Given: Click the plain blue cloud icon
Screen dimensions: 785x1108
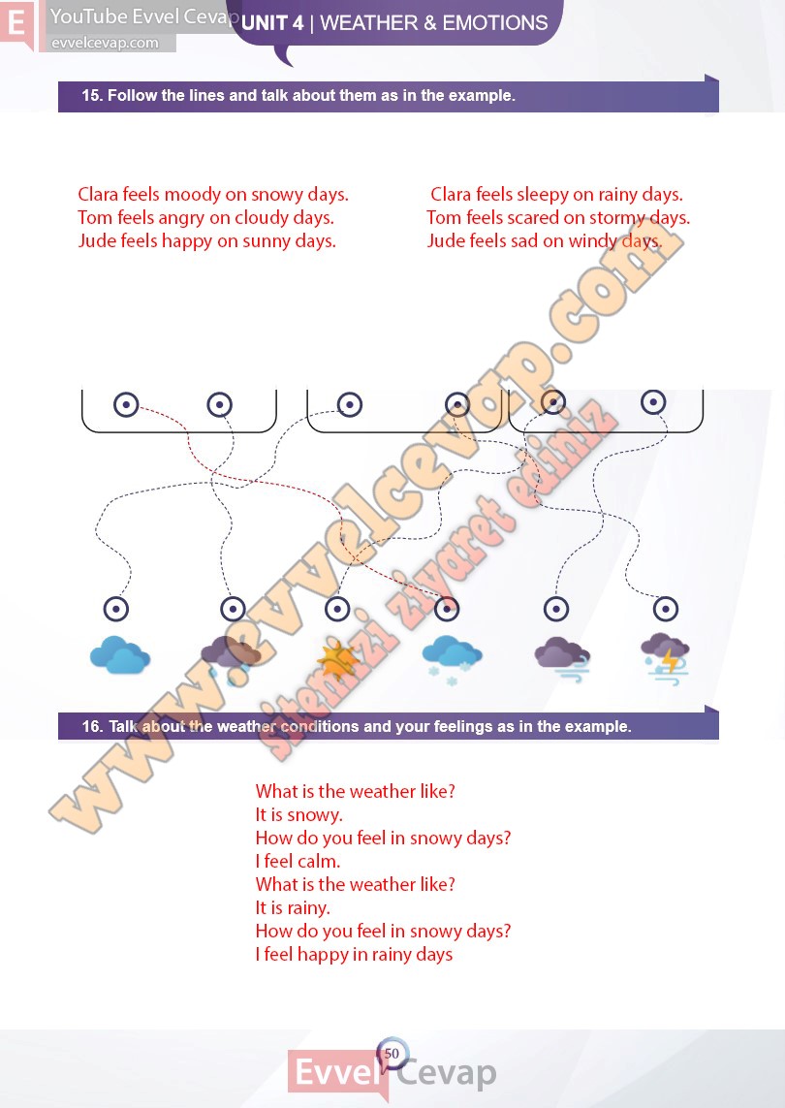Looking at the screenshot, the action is [x=119, y=655].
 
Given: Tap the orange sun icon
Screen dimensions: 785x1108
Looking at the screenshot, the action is [x=337, y=662].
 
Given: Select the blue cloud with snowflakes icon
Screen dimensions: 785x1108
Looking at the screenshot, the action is [x=452, y=658].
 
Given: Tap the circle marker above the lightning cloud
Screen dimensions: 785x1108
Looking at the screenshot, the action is [x=666, y=609].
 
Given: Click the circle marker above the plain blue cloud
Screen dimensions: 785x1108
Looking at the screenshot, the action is [x=116, y=609].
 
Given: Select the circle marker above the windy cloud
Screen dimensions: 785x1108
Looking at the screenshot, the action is [x=556, y=609].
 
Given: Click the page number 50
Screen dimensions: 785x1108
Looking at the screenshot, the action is [x=392, y=1054].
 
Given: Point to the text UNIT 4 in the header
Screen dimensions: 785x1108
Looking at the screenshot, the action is [x=272, y=23].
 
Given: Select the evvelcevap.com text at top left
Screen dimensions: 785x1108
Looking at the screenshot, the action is [x=105, y=43].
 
